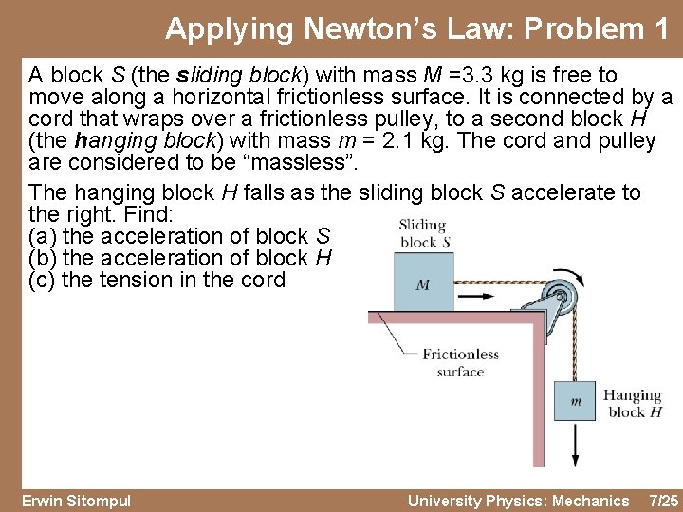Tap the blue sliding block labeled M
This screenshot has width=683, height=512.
[x=423, y=283]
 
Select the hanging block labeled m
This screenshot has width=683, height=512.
[x=576, y=401]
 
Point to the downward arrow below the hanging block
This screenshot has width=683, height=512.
[x=576, y=446]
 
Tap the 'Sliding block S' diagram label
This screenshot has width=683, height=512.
[x=423, y=233]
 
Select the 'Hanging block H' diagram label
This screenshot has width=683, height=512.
[x=632, y=403]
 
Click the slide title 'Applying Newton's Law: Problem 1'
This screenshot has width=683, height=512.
[x=416, y=28]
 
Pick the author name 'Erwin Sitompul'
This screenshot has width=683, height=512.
[x=76, y=501]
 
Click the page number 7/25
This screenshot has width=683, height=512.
[x=661, y=501]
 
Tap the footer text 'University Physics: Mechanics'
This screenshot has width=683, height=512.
[x=518, y=501]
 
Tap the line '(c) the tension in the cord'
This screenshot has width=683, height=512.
[x=157, y=280]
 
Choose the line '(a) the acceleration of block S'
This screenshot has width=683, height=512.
[x=180, y=236]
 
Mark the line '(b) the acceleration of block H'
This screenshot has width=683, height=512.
[x=181, y=258]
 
